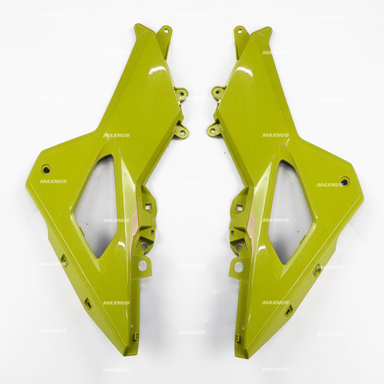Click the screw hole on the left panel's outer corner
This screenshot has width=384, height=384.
point(46,169)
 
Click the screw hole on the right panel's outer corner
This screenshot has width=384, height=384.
point(344,181)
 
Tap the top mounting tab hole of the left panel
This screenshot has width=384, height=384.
point(165,31)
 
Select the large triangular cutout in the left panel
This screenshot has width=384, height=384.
point(97,206)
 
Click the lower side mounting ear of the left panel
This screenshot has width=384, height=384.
point(182,132)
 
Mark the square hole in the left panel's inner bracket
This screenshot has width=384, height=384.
point(148,206)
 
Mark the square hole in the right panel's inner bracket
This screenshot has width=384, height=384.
point(240,208)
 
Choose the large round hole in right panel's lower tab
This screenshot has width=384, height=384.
point(238,266)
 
